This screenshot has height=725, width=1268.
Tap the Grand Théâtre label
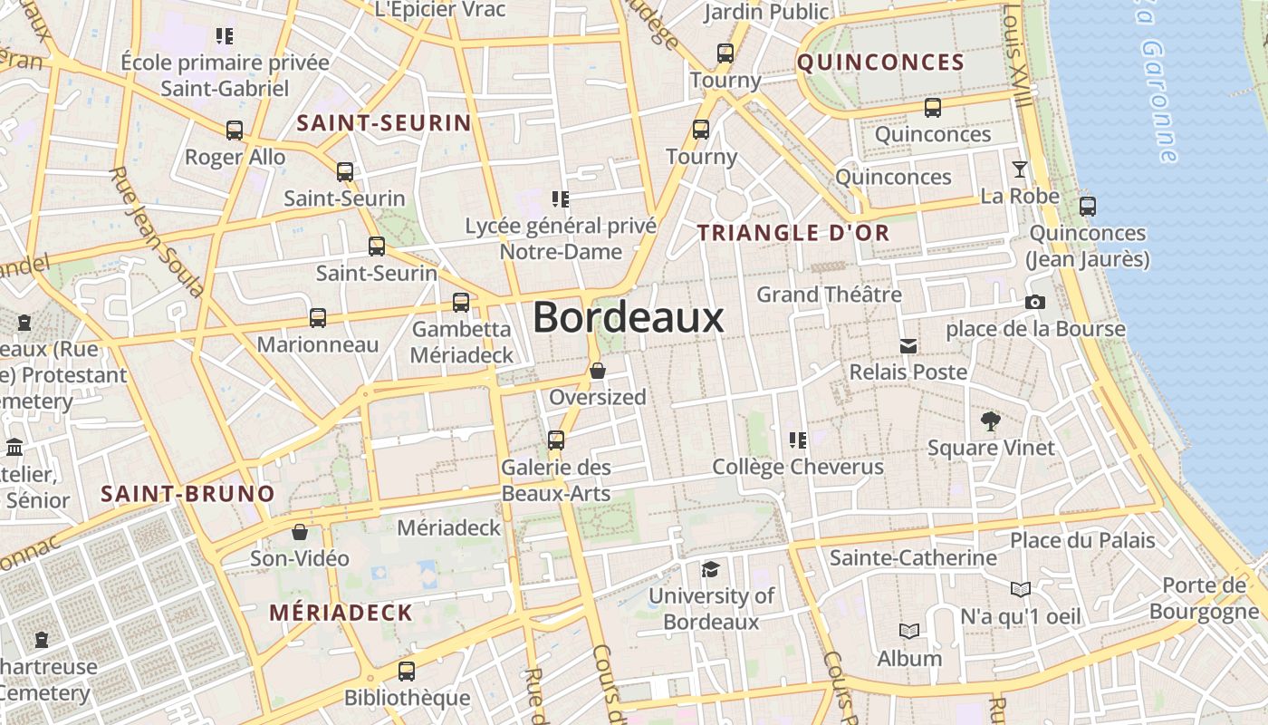[829, 295]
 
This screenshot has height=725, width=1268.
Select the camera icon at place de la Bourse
[1035, 303]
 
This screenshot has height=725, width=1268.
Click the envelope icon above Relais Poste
[908, 346]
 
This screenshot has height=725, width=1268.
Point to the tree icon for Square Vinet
[990, 420]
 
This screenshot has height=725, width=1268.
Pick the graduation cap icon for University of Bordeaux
[711, 569]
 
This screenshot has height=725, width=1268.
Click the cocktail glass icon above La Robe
[1020, 169]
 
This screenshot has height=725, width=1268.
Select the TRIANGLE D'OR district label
[793, 233]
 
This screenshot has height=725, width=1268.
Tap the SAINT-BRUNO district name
[187, 494]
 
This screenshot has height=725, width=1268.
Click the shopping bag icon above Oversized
[597, 371]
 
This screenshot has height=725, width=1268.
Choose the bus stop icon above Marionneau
[317, 318]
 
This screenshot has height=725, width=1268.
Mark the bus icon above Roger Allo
[235, 130]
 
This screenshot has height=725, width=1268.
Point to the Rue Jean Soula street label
[156, 232]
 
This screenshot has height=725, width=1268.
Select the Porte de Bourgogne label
[1204, 598]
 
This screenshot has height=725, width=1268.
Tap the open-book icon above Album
[909, 632]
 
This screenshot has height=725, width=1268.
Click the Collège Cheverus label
[798, 467]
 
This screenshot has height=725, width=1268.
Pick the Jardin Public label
[766, 12]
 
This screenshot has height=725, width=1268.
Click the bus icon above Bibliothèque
[407, 672]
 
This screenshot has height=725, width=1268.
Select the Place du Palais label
[1082, 541]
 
